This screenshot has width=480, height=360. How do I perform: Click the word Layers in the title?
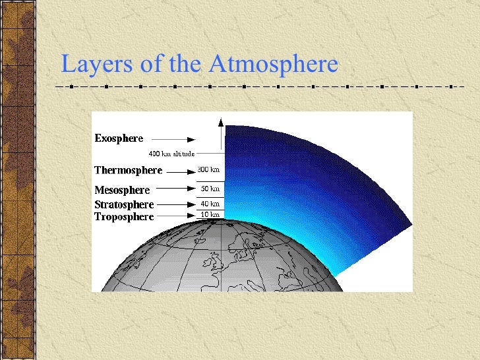(x=95, y=65)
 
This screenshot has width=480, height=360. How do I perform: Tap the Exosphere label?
(x=119, y=138)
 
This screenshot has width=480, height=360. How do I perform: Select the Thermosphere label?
(x=128, y=170)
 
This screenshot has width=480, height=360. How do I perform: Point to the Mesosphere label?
(x=122, y=190)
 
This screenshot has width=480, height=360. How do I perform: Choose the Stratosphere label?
(x=124, y=204)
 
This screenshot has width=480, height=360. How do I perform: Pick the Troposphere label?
(x=124, y=216)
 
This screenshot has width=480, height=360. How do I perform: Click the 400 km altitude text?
(x=171, y=154)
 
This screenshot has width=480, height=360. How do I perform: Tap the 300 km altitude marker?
(x=209, y=169)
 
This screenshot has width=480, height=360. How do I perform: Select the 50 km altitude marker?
(x=210, y=189)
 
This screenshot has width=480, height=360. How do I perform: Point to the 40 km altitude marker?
(x=210, y=204)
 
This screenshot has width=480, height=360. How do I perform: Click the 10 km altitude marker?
(x=210, y=215)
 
